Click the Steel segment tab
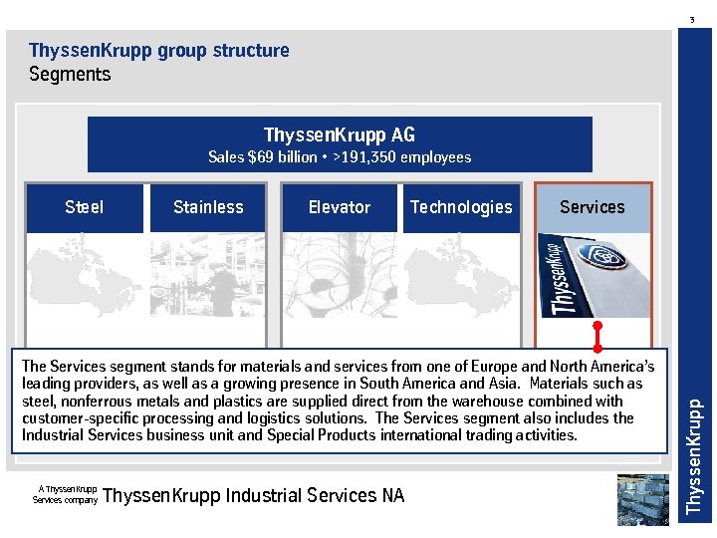tap(85, 207)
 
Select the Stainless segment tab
tap(208, 207)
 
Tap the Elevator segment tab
tap(340, 207)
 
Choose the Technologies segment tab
tap(461, 207)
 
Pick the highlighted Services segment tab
tap(593, 207)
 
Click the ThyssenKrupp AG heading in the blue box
tap(340, 134)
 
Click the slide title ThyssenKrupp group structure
tap(159, 50)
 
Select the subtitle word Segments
tap(70, 74)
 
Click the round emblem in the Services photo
tap(606, 257)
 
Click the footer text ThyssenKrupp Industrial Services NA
tap(254, 495)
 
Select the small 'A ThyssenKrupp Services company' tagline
tap(66, 494)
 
